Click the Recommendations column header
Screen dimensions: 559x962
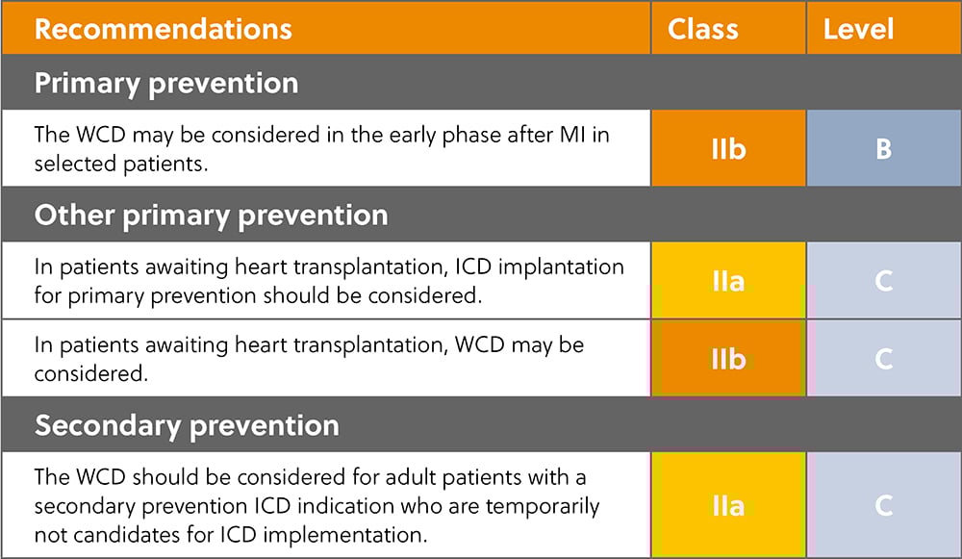coord(163,28)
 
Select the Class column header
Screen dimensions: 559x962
coord(702,28)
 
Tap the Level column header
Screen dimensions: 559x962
coord(858,28)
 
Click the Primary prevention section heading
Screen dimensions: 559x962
coord(166,83)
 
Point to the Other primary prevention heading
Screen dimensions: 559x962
coord(211,215)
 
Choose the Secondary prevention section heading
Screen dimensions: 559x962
coord(187,425)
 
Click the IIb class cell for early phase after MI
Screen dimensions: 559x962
coord(728,149)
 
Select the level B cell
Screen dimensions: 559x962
coord(883,149)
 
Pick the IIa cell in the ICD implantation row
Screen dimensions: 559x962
coord(728,280)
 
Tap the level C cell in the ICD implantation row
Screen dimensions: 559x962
coord(883,280)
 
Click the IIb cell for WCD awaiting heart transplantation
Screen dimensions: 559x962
coord(728,358)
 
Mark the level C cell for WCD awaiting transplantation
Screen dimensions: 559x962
coord(883,358)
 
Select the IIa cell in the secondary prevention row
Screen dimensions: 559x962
coord(728,505)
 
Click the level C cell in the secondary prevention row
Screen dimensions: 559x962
coord(883,505)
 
